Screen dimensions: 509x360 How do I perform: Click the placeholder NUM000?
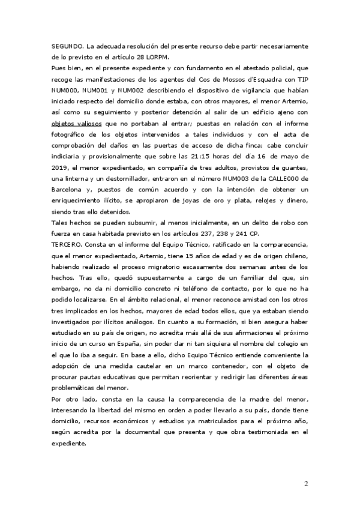pos(64,89)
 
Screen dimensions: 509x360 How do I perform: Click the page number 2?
pos(305,484)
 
